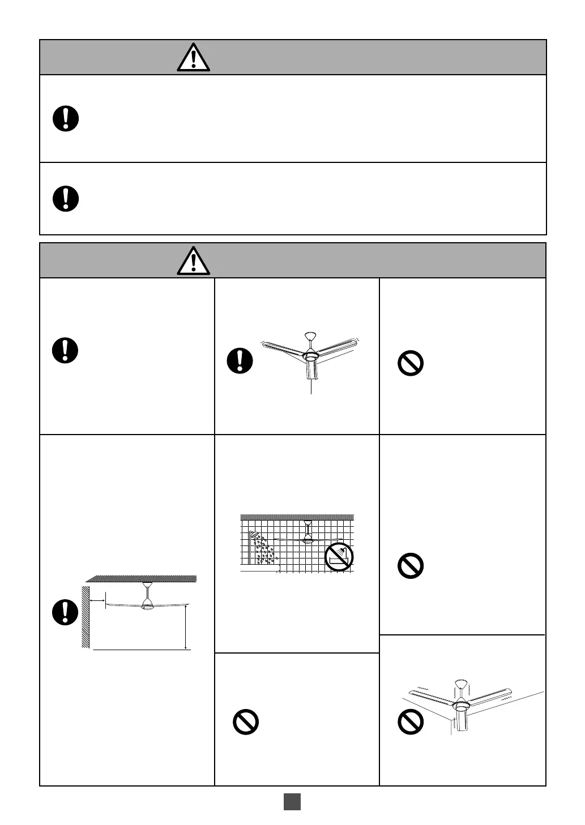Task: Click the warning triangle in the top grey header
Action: (193, 57)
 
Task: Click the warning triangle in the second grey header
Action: (193, 261)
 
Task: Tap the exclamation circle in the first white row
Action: (66, 119)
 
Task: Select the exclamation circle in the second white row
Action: (66, 199)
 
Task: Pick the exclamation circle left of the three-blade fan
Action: (240, 360)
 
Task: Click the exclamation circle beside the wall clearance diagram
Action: (66, 612)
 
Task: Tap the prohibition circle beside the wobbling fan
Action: (411, 722)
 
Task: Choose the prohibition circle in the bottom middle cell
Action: (246, 722)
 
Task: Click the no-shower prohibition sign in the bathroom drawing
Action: (339, 557)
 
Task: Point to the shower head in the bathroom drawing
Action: (256, 535)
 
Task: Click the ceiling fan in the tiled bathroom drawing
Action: (308, 538)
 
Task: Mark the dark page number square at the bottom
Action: (292, 802)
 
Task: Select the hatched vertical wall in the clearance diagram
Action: (86, 617)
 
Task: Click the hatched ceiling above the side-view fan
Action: (142, 578)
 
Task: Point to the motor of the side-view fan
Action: (147, 605)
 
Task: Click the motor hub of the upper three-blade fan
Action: (310, 357)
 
